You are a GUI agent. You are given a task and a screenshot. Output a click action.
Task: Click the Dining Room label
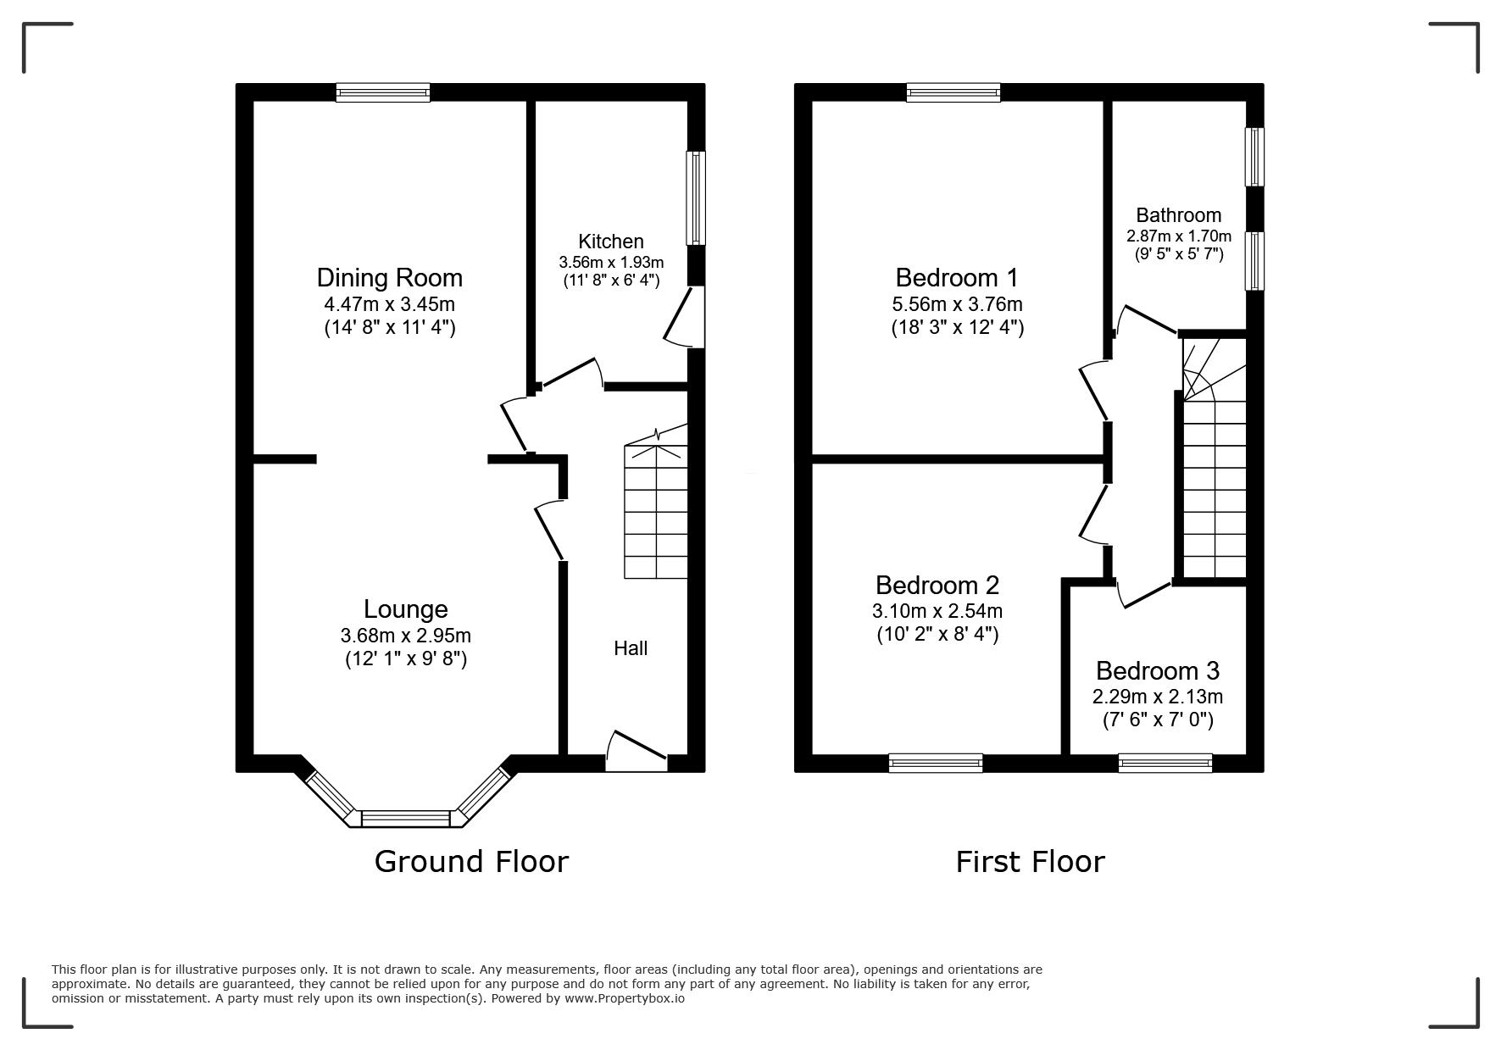point(389,278)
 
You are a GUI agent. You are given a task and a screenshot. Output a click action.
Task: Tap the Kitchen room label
point(611,242)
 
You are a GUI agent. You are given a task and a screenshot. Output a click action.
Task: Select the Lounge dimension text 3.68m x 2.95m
point(406,636)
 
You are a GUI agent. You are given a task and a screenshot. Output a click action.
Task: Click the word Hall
point(631,648)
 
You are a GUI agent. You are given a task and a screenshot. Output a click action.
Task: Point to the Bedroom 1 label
point(957,278)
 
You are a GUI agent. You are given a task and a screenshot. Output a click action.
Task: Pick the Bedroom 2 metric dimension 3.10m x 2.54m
point(937,611)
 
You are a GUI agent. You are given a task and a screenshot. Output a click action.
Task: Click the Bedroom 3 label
point(1158,671)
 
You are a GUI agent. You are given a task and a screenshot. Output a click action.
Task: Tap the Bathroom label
point(1179,215)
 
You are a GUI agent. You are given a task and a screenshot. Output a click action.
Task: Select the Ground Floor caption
point(471,862)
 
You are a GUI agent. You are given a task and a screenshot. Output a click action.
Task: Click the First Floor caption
point(1031,862)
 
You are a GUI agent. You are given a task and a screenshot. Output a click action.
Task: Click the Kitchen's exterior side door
point(685,317)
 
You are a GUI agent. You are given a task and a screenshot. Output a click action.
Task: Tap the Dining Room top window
point(383,92)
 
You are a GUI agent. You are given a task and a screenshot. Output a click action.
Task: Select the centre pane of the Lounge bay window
point(406,818)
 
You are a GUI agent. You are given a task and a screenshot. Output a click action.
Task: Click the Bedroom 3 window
point(1165,763)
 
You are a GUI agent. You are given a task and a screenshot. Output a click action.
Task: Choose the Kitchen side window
point(696,198)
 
